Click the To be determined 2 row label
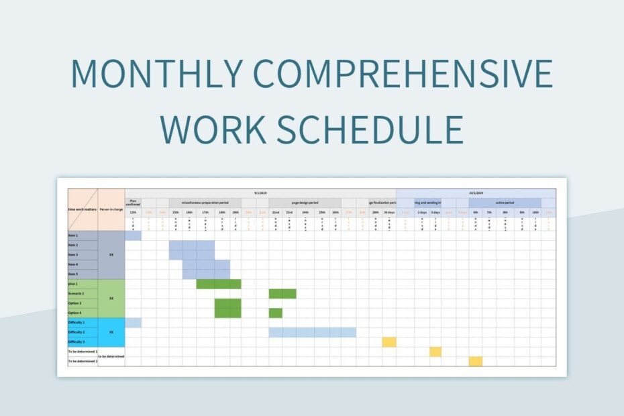[x=83, y=361]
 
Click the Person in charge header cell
[x=111, y=209]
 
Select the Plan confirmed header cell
[x=133, y=203]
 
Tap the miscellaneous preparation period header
[x=204, y=203]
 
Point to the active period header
[x=505, y=203]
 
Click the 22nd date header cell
[x=276, y=212]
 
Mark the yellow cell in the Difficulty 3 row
[x=389, y=342]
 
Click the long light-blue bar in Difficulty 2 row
[x=312, y=332]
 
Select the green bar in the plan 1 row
[x=219, y=284]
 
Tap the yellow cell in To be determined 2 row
[x=475, y=361]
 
